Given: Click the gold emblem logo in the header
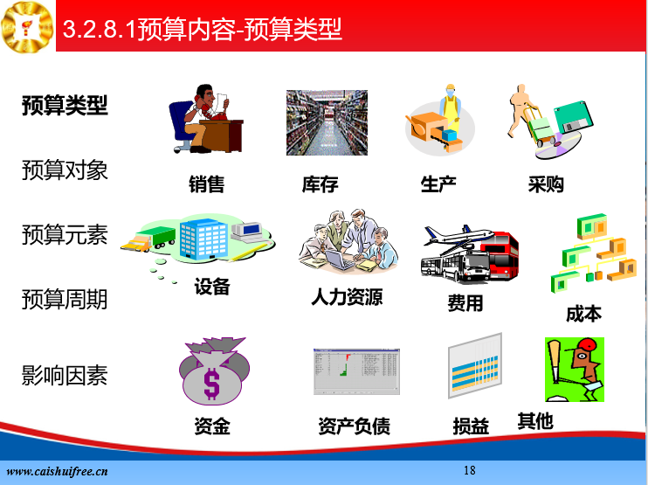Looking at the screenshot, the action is pos(27,27).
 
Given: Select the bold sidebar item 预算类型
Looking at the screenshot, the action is pos(65,106).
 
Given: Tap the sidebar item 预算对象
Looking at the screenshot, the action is pos(65,170).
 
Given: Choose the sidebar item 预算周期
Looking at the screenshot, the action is pos(65,299).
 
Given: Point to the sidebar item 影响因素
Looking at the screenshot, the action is pos(65,376).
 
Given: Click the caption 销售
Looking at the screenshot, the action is pos(207,184).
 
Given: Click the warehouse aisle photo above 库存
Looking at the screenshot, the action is pos(327,123).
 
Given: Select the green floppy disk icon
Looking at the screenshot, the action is pos(573,117).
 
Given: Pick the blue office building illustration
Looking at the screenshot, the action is pos(203,239).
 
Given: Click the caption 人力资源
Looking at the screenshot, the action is pos(348,297).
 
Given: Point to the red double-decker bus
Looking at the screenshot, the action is pos(500,255).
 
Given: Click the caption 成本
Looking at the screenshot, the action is pos(583,314).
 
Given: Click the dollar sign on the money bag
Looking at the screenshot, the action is pos(211,384).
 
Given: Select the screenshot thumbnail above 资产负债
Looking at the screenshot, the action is pos(356,371).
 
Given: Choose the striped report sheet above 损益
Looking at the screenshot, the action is pos(475,365).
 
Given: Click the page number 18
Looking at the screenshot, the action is pos(470,470).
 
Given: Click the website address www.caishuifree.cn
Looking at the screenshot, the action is pos(57,471).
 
